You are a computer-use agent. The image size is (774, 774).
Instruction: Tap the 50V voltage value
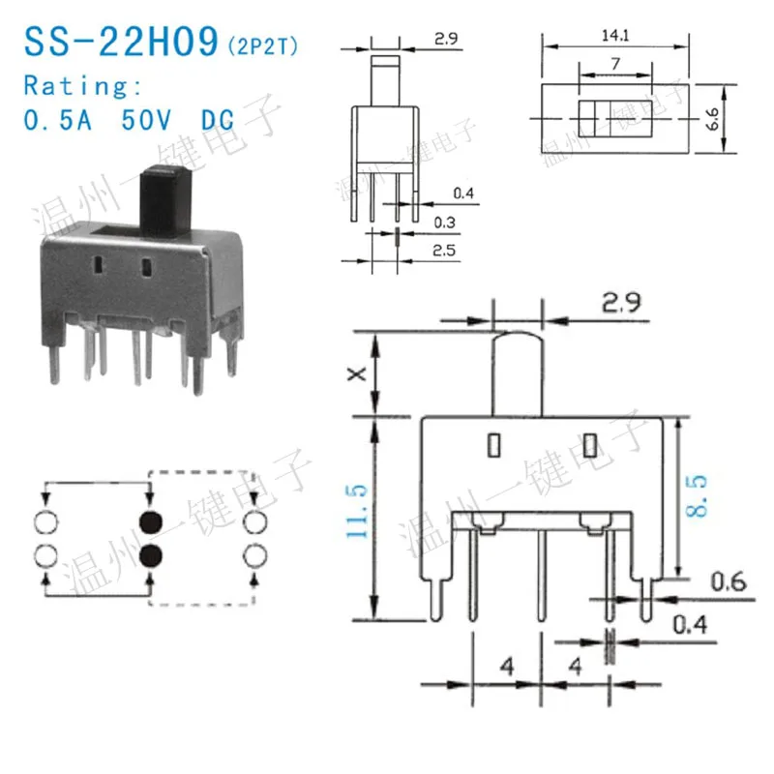coord(144,122)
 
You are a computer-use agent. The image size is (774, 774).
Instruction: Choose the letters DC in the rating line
coord(222,122)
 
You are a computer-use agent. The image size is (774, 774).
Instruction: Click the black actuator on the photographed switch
coord(165,201)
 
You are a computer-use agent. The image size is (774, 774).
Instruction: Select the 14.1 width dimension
coord(614,36)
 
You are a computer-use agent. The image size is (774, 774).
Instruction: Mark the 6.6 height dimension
coord(712,119)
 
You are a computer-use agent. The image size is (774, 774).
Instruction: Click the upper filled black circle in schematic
coord(151,522)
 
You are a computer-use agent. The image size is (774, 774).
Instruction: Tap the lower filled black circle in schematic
coord(151,555)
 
